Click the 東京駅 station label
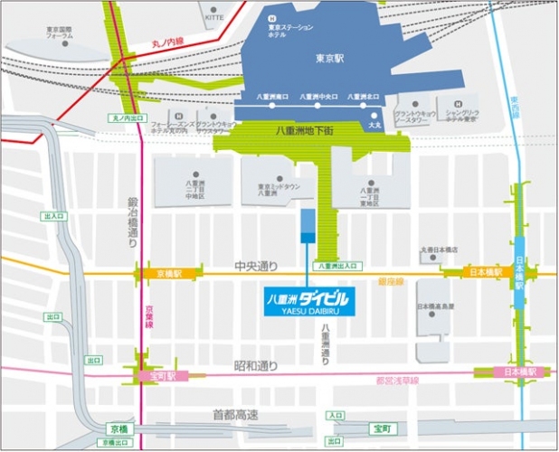[x=330, y=58]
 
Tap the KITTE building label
[x=214, y=16]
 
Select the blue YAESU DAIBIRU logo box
[x=308, y=299]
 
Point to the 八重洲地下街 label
[x=305, y=131]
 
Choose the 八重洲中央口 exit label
[x=318, y=95]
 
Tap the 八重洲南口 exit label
[x=272, y=95]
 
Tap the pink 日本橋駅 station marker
[x=520, y=372]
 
